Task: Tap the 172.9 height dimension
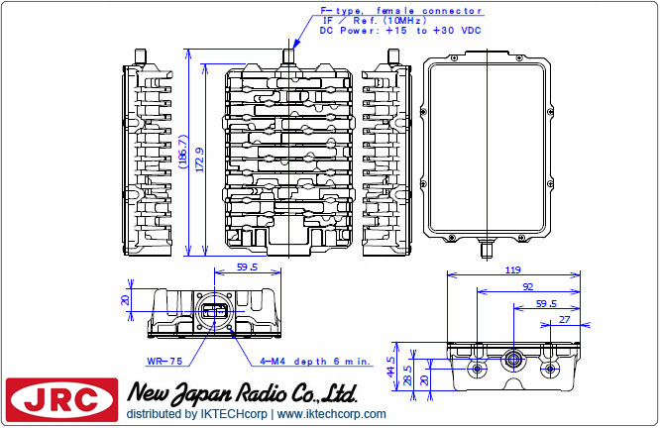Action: (201, 157)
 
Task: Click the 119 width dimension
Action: (513, 269)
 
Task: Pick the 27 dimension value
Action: (565, 320)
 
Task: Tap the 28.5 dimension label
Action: (406, 372)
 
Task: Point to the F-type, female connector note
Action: (400, 11)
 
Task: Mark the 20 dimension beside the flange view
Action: (125, 301)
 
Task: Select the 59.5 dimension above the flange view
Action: (247, 267)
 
